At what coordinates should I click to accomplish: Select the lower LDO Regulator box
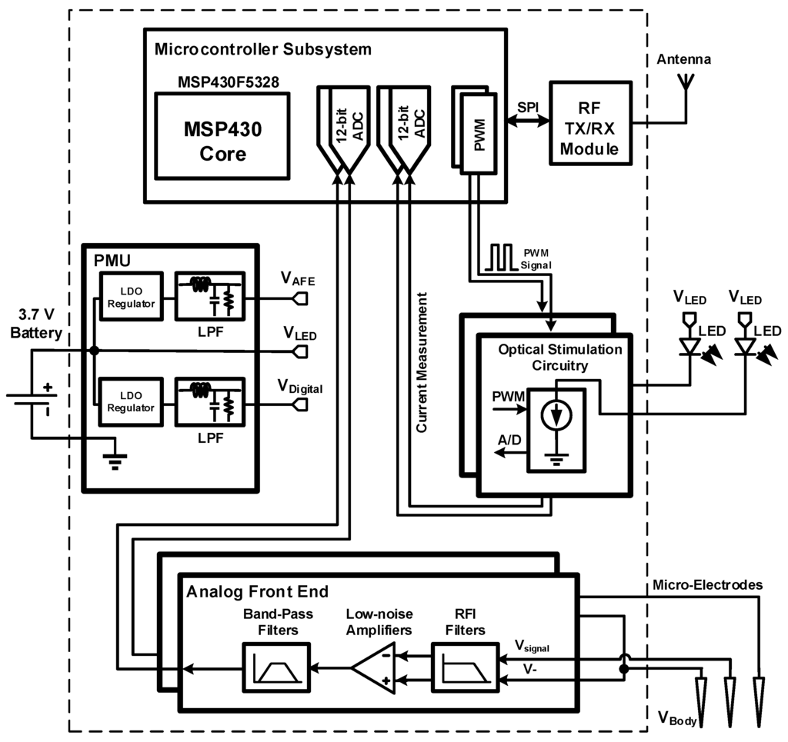coord(130,401)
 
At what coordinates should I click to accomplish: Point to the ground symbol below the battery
coord(115,460)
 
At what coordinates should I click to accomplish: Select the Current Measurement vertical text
coord(422,361)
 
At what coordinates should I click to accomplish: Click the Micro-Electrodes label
coord(707,585)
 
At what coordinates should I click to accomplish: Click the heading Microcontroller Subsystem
coord(263,49)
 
